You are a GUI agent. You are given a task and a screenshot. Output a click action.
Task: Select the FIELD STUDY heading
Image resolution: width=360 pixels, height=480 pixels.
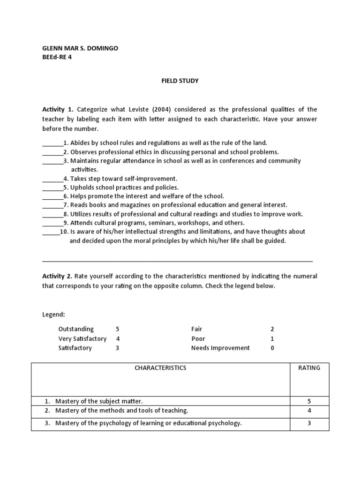click(x=180, y=81)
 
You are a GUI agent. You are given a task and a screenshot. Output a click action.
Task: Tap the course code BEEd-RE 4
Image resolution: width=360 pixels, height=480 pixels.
click(x=57, y=57)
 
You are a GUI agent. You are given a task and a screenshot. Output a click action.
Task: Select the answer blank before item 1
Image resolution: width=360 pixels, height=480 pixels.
click(x=52, y=143)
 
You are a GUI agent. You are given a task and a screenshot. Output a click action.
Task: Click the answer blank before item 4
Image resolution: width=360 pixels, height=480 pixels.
click(x=52, y=179)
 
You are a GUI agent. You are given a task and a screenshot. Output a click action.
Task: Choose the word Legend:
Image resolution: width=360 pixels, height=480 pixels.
click(x=53, y=314)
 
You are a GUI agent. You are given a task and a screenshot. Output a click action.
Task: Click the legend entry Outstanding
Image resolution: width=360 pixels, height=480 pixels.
click(x=76, y=329)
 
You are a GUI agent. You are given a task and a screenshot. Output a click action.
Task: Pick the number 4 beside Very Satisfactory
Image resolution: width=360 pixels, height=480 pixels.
click(x=118, y=338)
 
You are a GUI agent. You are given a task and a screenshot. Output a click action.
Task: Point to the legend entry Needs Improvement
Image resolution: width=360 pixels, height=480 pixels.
click(x=220, y=348)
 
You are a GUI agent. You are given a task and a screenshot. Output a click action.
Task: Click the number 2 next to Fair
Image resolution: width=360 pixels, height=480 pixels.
click(x=272, y=329)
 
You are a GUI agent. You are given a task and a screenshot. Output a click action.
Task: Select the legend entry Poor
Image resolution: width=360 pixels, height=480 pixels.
click(x=198, y=338)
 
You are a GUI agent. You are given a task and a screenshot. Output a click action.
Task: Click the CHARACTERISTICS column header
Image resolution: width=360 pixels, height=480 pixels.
click(x=160, y=368)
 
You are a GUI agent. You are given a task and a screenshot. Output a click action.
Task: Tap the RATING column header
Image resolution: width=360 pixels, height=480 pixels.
click(x=309, y=368)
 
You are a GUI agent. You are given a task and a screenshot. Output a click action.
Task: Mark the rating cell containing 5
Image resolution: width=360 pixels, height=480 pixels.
click(x=309, y=401)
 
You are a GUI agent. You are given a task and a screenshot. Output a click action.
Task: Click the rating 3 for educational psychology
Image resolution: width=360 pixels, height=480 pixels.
click(x=309, y=423)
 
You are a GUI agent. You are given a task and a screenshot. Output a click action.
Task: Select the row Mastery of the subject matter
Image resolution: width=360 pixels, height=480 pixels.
click(x=98, y=401)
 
